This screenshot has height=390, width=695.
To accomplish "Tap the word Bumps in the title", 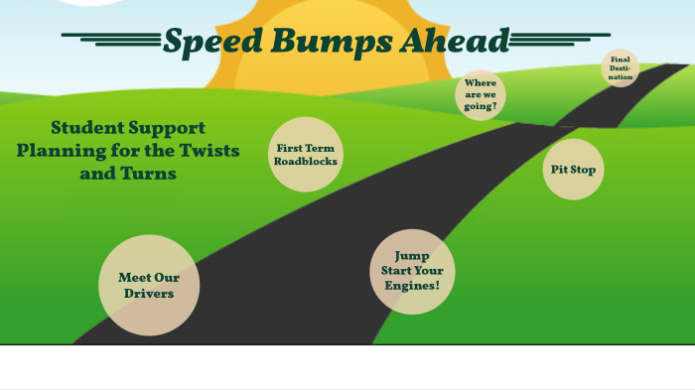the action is [305, 42].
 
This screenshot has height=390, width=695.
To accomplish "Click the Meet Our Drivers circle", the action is [149, 285].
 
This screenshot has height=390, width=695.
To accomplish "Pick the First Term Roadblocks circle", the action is [306, 154].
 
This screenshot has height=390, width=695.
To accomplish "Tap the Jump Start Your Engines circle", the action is [412, 271].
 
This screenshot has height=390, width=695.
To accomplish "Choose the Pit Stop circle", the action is [574, 170].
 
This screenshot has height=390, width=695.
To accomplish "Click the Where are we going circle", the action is [481, 95].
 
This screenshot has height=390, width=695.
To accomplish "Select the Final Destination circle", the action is [621, 68].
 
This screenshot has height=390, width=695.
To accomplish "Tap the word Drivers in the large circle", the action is [149, 294].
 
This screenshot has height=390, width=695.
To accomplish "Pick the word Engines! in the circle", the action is [412, 286].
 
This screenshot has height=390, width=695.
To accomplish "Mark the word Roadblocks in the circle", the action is [306, 161].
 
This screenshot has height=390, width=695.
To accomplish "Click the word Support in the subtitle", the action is [165, 128].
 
